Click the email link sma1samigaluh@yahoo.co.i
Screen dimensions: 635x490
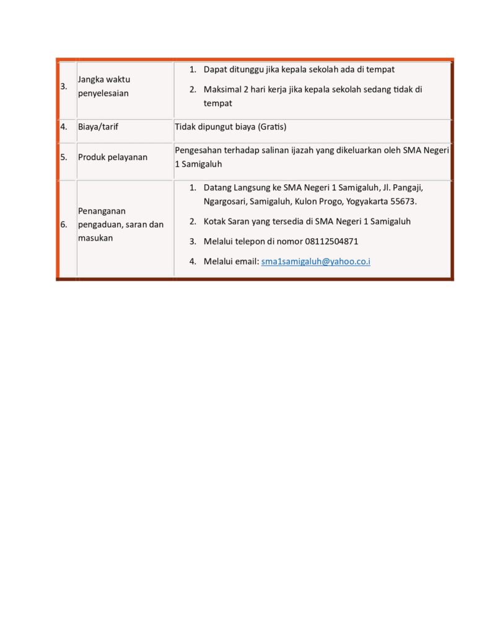(x=315, y=262)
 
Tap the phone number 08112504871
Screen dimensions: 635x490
(x=331, y=242)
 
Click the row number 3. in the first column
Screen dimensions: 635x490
(x=64, y=86)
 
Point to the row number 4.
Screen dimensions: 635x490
(x=64, y=127)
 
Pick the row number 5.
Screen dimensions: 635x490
(x=64, y=157)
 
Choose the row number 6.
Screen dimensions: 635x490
(x=64, y=224)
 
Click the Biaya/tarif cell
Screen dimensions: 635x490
(x=98, y=127)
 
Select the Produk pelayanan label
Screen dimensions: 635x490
(x=113, y=157)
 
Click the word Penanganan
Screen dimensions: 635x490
(x=102, y=211)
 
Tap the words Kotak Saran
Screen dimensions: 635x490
(x=227, y=221)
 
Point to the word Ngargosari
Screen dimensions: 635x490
(x=224, y=202)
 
